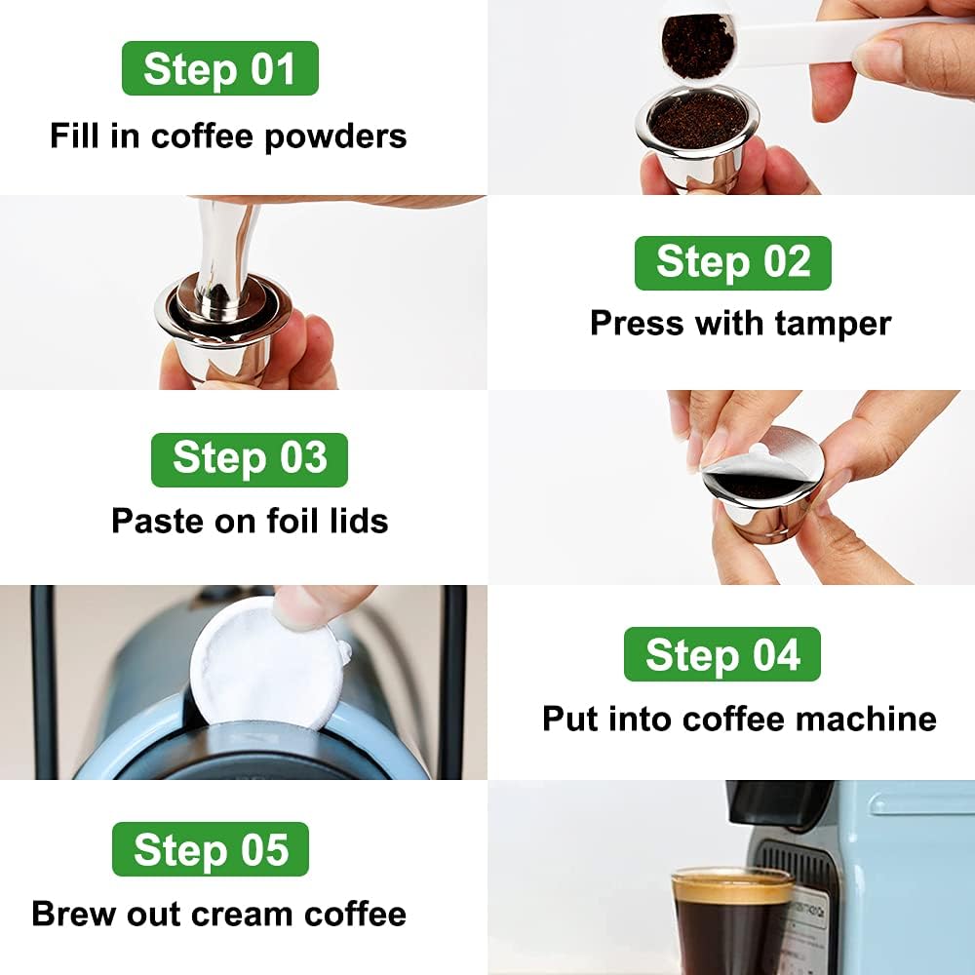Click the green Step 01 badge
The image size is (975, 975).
219,68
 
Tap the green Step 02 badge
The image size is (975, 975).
732,263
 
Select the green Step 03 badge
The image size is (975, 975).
249,459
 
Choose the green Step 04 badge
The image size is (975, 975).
721,654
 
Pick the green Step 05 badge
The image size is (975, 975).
211,849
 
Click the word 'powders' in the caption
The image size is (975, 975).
334,136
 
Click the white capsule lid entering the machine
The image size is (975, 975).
263,663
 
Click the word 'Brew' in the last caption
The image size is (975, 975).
70,915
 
